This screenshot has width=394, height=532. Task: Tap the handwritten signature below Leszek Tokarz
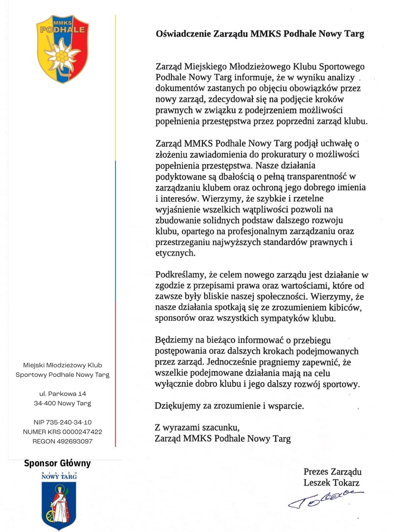325,499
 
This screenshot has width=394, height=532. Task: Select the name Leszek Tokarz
331,483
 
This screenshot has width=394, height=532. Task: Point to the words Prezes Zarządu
332,472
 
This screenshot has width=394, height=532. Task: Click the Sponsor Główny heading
57,463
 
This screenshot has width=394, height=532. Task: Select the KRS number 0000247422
82,432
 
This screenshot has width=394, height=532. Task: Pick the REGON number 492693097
75,441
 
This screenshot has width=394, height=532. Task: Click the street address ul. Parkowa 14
62,394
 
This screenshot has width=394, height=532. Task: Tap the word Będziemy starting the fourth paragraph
174,340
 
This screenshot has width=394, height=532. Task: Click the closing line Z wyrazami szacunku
197,427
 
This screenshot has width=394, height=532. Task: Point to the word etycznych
175,253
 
